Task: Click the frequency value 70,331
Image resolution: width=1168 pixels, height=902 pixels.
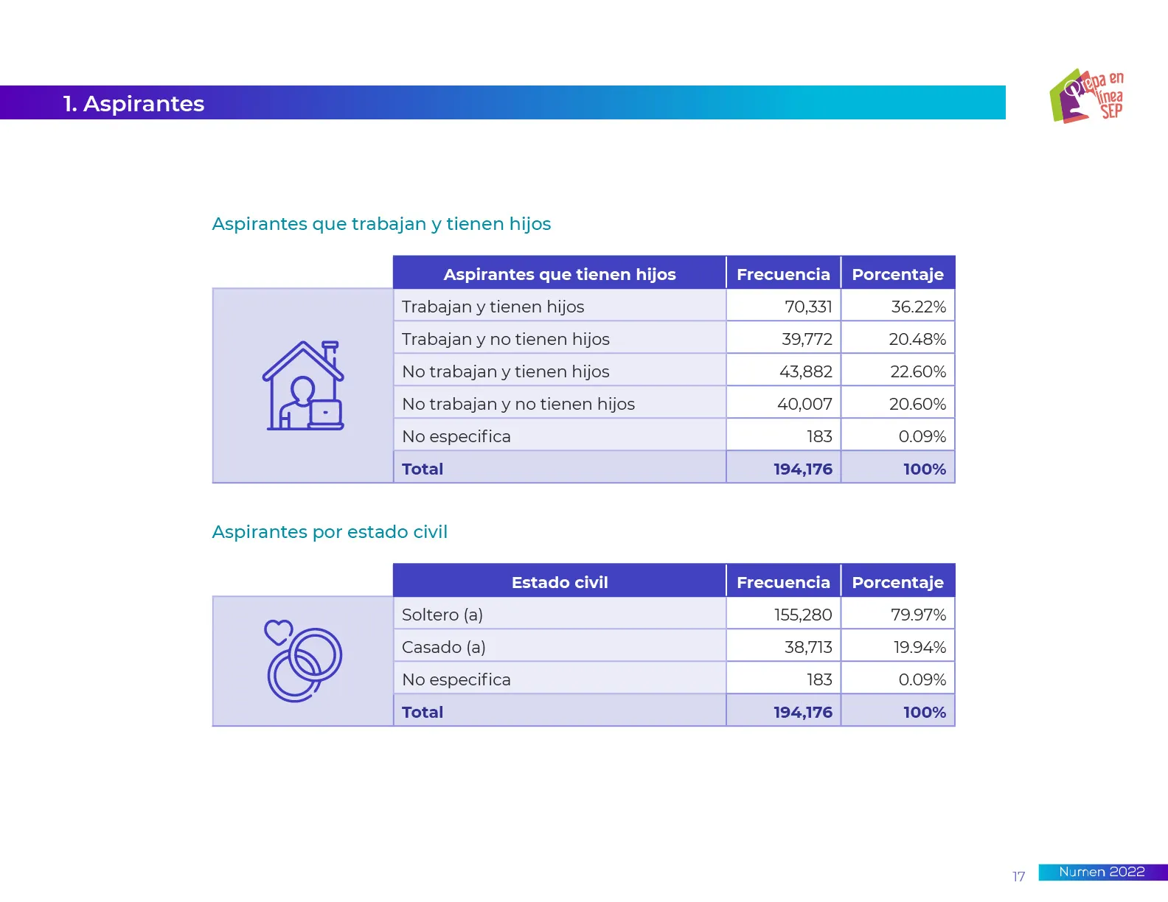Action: click(808, 307)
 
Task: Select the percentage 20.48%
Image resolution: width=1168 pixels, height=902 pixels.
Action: click(917, 339)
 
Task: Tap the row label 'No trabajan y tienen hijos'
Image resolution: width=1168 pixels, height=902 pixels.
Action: click(506, 371)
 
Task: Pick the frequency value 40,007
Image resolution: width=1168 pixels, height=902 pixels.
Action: click(804, 404)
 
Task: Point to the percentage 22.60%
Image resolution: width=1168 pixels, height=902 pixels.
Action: click(918, 371)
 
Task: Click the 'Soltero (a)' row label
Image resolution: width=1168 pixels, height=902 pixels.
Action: click(442, 615)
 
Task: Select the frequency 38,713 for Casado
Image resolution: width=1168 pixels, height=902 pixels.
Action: click(808, 647)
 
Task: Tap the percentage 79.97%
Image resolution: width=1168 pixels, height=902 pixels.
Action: click(918, 615)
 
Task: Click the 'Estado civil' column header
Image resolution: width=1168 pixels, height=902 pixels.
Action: click(560, 582)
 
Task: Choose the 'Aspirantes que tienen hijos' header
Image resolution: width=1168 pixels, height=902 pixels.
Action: click(560, 274)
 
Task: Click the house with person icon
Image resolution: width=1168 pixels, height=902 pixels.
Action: click(303, 385)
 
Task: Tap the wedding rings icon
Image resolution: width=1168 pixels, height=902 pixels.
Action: click(305, 663)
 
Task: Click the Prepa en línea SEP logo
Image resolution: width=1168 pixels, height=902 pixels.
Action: click(1086, 96)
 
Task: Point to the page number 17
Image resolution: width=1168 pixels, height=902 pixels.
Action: click(1018, 876)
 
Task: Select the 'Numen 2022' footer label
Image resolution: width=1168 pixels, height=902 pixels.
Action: click(1102, 872)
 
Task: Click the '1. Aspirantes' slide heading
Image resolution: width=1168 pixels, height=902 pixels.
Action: click(133, 104)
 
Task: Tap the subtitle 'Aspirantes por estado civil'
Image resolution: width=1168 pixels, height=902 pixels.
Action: click(330, 531)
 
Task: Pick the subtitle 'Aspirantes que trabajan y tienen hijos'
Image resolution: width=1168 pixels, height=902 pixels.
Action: click(381, 223)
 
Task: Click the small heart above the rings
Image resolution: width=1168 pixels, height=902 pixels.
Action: click(279, 632)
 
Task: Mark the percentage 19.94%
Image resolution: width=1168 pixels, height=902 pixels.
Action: click(920, 647)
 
